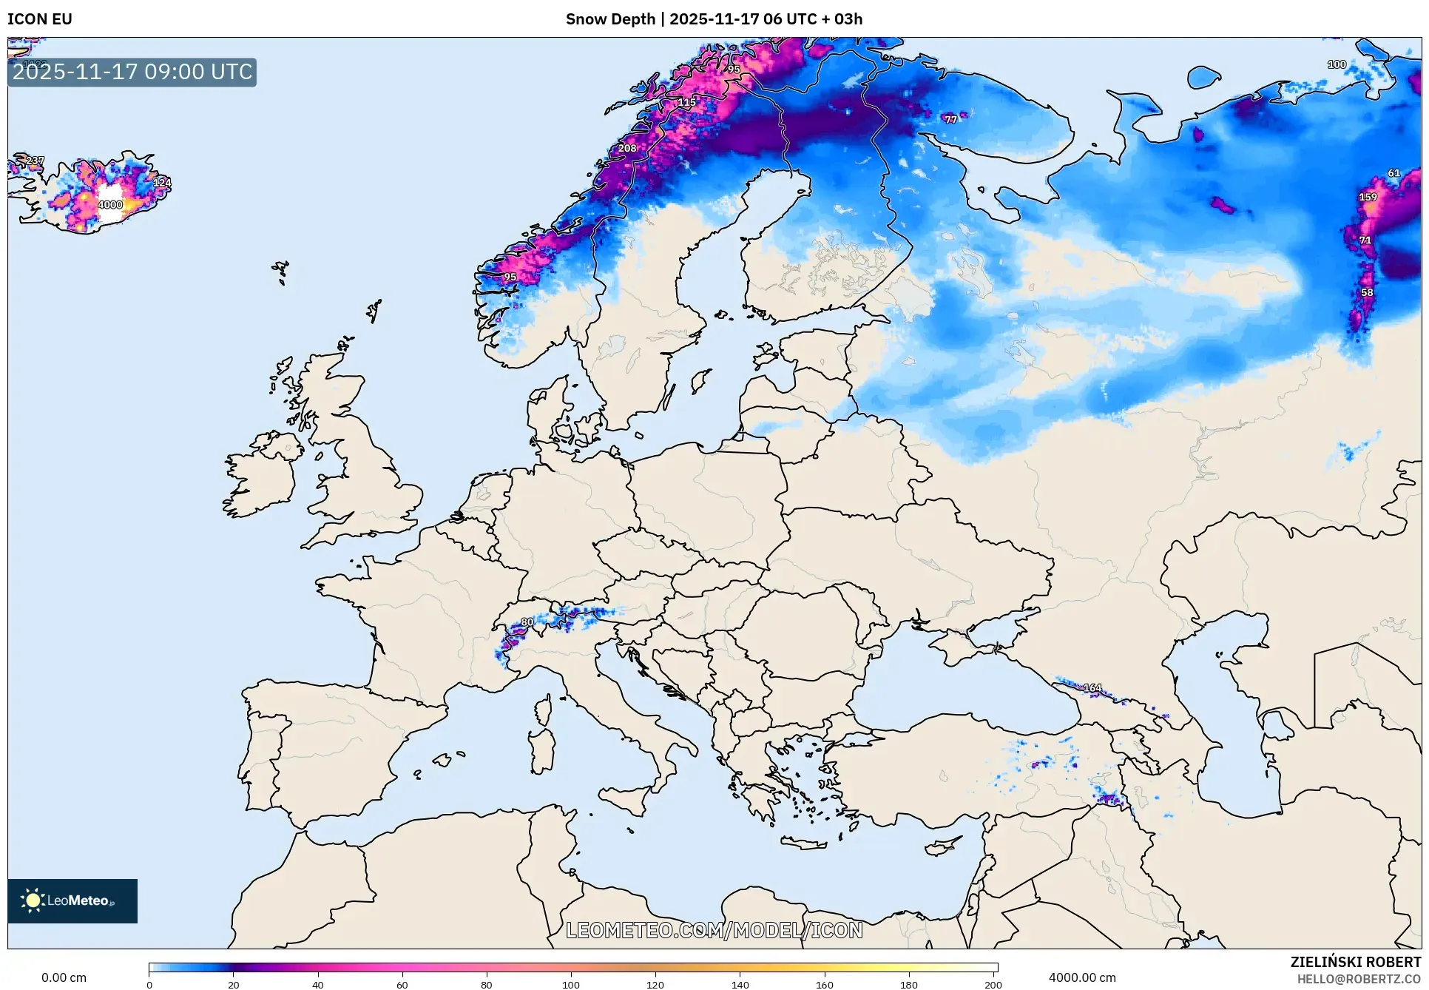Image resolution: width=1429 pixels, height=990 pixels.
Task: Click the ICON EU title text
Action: point(40,19)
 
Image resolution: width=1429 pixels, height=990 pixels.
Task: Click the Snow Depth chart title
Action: point(714,19)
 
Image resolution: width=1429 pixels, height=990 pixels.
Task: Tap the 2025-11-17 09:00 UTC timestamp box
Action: point(132,73)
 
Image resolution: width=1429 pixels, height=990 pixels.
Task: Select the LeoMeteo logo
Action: point(72,900)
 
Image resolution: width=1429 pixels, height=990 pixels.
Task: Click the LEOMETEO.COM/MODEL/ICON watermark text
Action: point(714,930)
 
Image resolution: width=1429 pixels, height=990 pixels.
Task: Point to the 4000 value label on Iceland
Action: point(110,205)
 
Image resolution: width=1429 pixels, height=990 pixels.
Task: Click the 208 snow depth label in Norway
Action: point(627,148)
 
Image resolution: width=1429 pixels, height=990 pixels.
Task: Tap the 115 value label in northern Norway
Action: point(686,102)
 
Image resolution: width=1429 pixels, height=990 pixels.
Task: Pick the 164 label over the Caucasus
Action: point(1092,688)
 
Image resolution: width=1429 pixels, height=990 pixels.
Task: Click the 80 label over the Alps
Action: point(527,622)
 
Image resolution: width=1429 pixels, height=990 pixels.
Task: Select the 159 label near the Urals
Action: point(1368,197)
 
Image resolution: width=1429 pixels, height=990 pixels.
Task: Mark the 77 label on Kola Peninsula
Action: point(950,119)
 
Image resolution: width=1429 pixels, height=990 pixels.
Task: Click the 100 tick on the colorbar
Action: point(570,984)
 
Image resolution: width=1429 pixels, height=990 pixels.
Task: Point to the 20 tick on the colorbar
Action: point(233,984)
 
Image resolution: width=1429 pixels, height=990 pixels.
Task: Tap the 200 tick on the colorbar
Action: point(993,984)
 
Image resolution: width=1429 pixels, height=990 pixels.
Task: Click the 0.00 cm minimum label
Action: point(64,977)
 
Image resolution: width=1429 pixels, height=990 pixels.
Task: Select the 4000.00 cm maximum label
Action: point(1082,977)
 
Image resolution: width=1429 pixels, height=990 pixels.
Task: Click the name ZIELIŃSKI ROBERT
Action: point(1355,962)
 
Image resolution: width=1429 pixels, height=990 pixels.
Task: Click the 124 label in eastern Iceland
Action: point(162,182)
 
